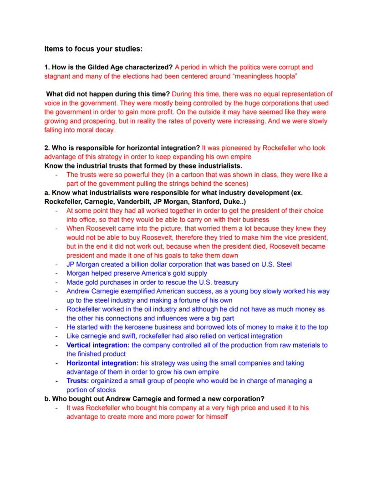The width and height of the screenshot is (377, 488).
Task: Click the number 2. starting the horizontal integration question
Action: tap(47, 148)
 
